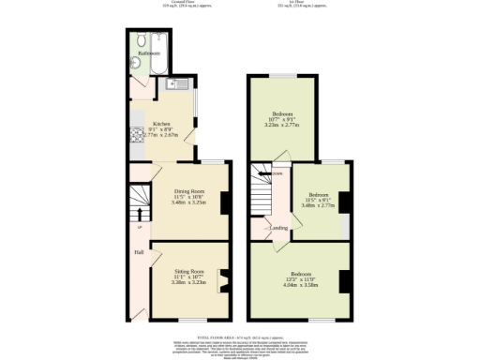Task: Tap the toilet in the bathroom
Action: (140, 41)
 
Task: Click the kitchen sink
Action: (172, 86)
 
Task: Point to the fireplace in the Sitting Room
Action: (222, 278)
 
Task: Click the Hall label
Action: (138, 251)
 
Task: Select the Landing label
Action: (278, 228)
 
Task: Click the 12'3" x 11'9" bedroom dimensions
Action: (301, 282)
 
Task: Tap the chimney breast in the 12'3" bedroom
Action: (345, 280)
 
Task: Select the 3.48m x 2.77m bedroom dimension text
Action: (319, 205)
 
